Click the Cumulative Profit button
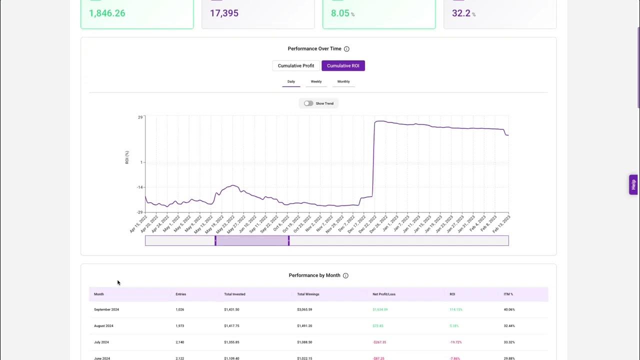(296, 65)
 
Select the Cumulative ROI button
(343, 65)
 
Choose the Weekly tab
(316, 81)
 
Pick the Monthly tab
(343, 81)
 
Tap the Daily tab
(291, 81)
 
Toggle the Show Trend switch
(308, 103)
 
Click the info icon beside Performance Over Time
(346, 49)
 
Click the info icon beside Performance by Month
(345, 275)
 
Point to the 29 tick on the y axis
(140, 117)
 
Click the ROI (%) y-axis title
(127, 157)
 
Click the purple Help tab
(633, 184)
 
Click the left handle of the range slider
(215, 240)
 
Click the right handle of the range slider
(288, 240)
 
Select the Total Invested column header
(234, 294)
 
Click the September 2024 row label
(106, 309)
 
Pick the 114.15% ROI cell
(456, 309)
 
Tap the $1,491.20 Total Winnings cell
(304, 326)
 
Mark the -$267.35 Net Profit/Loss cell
(379, 342)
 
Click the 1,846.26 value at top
(107, 13)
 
